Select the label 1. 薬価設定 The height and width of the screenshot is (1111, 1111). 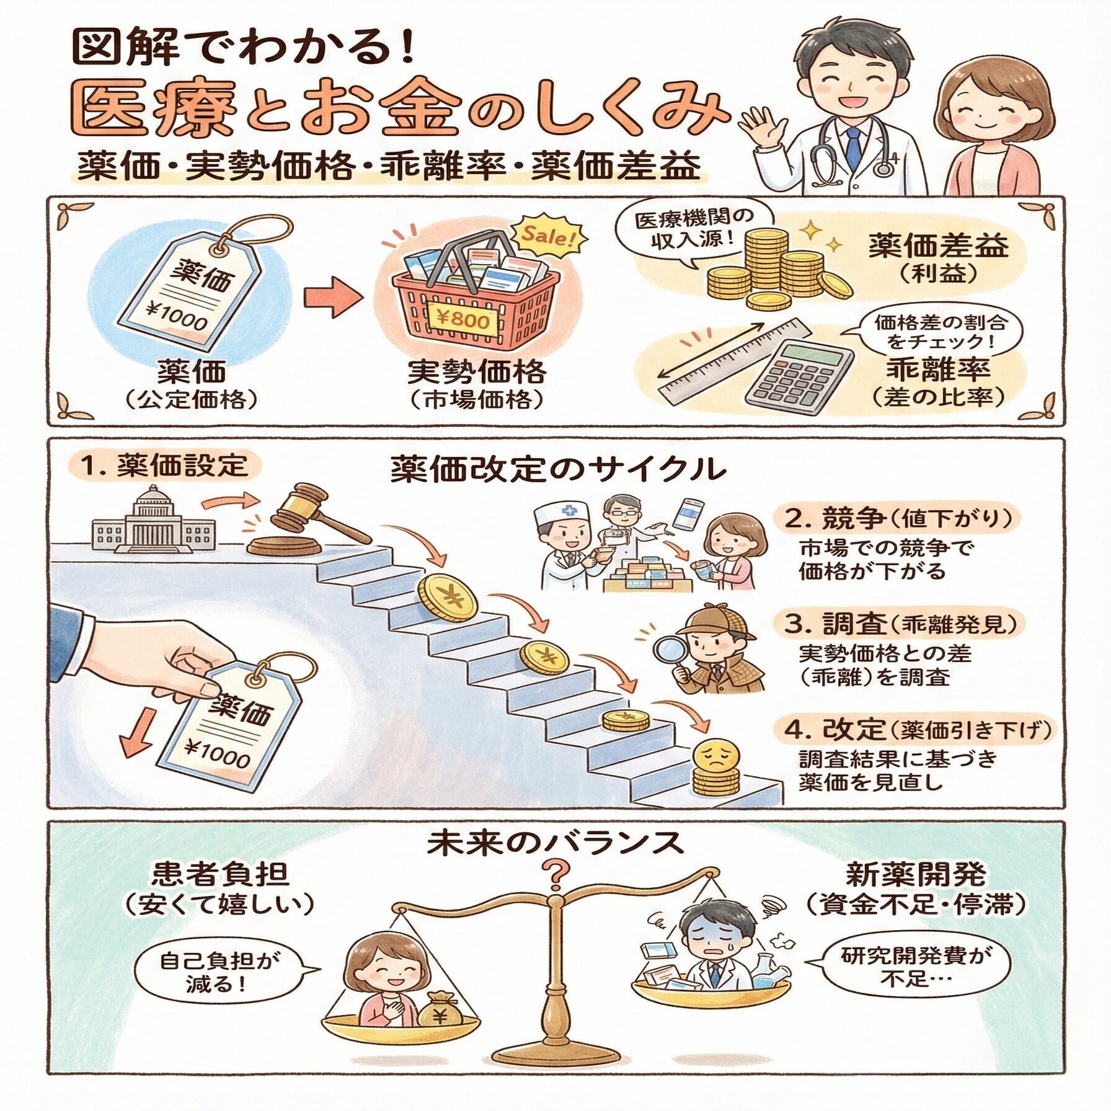tap(164, 466)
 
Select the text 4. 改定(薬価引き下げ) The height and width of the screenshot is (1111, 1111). tap(918, 730)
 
